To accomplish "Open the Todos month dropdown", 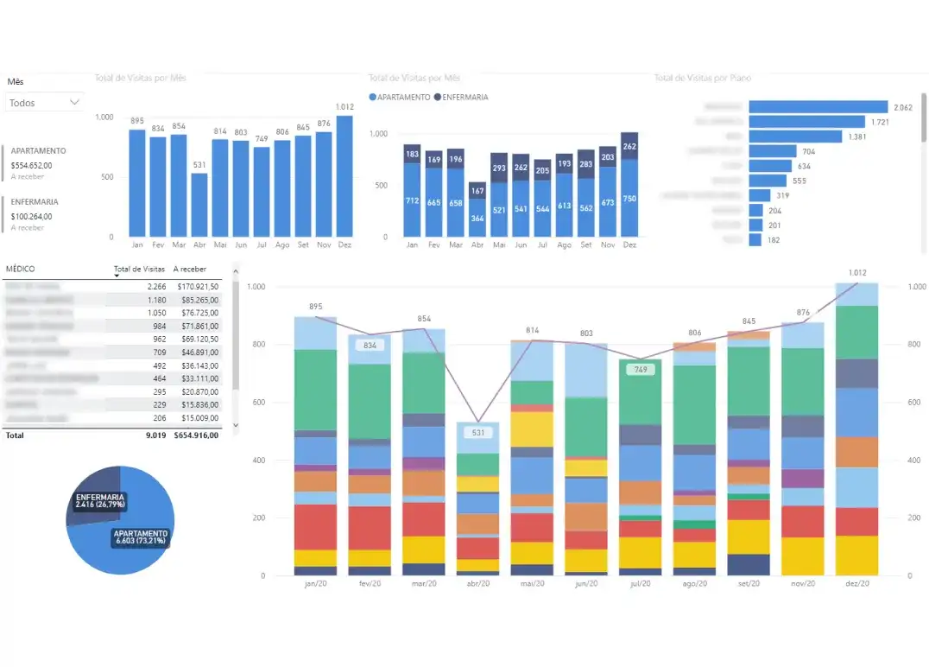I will [44, 103].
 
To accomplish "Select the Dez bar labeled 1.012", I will [344, 176].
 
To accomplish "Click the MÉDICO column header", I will [21, 269].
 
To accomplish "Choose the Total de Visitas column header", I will [139, 269].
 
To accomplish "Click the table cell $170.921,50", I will [197, 286].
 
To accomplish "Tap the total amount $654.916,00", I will [197, 435].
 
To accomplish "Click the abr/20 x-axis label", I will [477, 584].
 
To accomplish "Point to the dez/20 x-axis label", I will [856, 584].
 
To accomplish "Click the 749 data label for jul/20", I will [640, 369].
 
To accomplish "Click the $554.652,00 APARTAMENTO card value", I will [32, 165].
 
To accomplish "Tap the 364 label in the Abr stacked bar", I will [477, 219].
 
